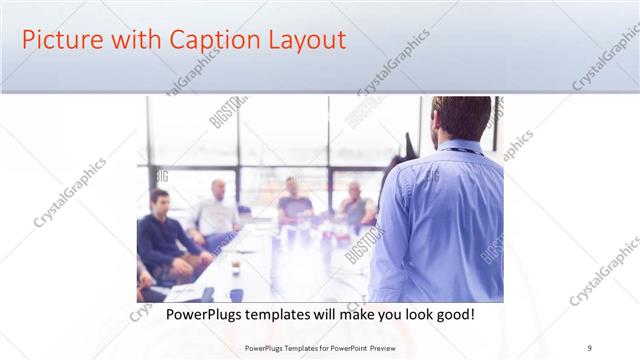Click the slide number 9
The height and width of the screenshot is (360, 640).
click(590, 348)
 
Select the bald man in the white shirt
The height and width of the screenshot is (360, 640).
click(217, 210)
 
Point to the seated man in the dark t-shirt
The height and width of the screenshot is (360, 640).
click(293, 200)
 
